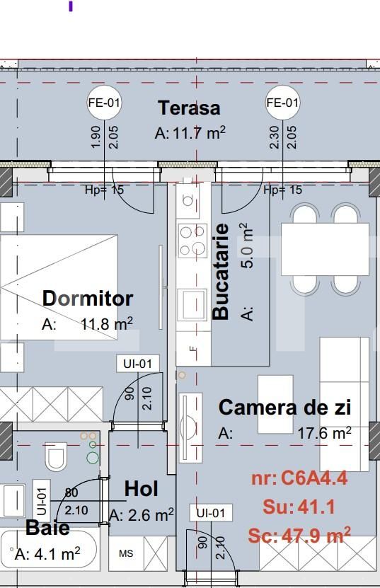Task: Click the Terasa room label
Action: (189, 108)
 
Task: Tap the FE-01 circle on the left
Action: (104, 103)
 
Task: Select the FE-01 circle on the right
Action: (282, 103)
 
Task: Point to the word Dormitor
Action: (88, 298)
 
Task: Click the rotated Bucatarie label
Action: (221, 272)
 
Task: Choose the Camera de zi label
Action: (284, 408)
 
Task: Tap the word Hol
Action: (141, 489)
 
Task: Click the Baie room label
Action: (47, 528)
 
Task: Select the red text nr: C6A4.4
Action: (299, 478)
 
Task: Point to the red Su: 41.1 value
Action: (299, 507)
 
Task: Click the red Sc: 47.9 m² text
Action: (299, 536)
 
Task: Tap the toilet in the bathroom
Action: (56, 456)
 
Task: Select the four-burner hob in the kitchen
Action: (191, 241)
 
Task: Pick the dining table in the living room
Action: (325, 248)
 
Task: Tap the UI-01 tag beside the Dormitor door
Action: (137, 364)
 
